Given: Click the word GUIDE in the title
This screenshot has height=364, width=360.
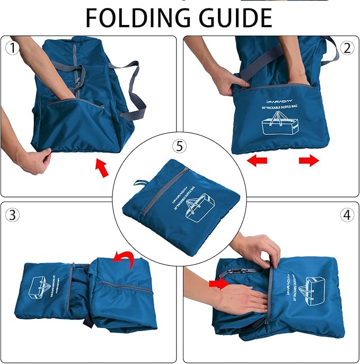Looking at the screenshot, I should [233, 18].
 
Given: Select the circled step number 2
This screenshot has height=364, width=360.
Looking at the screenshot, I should [347, 48].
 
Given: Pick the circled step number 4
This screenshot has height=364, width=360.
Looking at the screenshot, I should [347, 215].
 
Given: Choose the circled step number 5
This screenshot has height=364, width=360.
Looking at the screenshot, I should [179, 145].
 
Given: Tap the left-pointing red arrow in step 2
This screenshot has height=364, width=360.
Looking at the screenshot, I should [257, 160].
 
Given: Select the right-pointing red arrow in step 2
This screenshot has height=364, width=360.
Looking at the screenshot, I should [309, 160].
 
